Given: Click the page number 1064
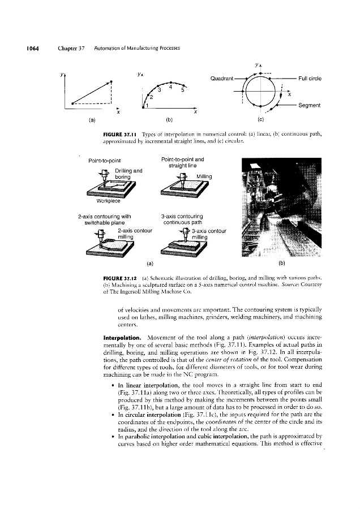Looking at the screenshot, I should pos(30,48).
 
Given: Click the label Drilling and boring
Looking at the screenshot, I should pos(128,174).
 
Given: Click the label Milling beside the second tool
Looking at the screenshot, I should pos(204,176).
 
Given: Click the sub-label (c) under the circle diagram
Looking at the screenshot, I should pos(260,120).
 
